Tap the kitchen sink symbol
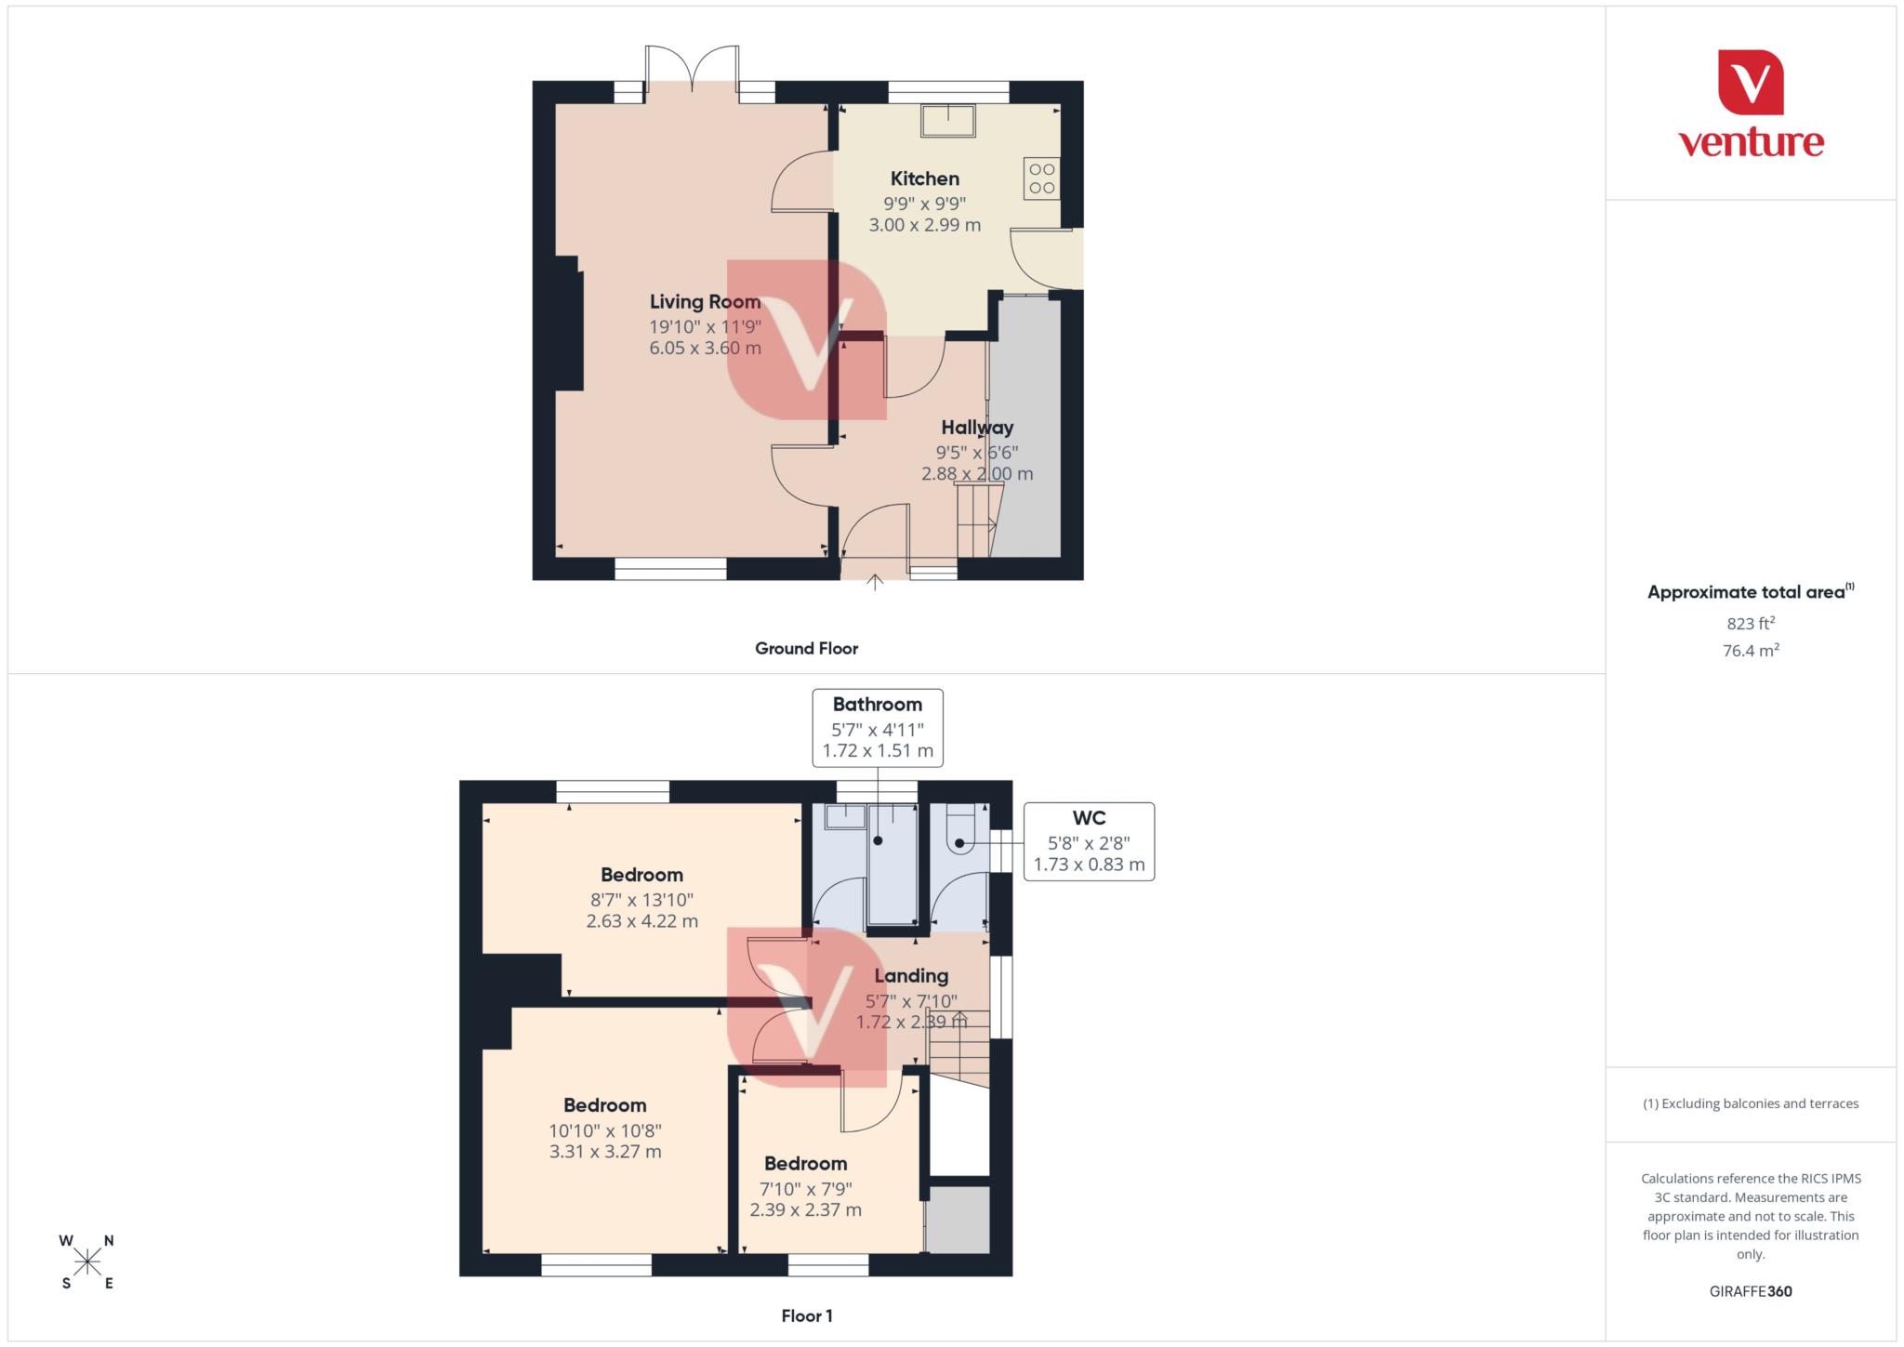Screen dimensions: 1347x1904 click(947, 121)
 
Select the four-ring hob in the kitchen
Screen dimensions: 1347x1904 click(1041, 178)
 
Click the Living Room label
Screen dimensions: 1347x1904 click(705, 301)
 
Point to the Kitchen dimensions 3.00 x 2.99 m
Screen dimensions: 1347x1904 click(924, 225)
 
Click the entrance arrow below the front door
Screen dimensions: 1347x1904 click(875, 583)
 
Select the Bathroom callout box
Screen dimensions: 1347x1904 click(878, 727)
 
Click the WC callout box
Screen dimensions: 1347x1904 click(1089, 841)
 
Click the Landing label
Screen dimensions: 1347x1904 click(911, 975)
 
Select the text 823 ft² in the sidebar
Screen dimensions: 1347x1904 click(1750, 624)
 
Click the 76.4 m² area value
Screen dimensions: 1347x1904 click(1750, 651)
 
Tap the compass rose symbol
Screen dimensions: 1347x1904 click(87, 1261)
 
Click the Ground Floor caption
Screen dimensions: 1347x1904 click(806, 649)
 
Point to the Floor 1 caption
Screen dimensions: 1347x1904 click(806, 1315)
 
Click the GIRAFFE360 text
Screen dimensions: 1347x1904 click(1750, 1291)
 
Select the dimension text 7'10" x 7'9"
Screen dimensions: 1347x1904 click(805, 1188)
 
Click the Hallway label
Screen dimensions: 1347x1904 click(976, 428)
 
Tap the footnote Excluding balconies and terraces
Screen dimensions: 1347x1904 click(1750, 1103)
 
